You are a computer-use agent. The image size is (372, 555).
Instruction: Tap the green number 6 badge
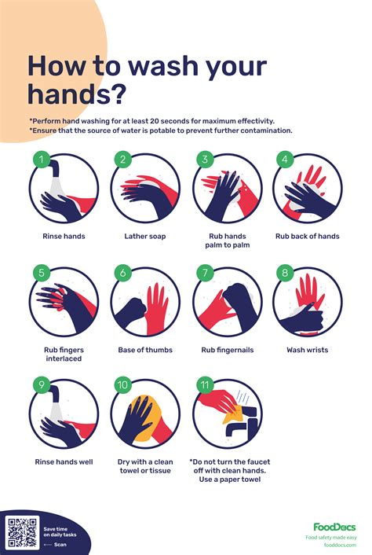point(122,273)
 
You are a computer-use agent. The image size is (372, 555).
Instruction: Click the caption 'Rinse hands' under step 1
point(64,235)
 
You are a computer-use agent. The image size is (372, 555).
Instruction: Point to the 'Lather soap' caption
point(145,235)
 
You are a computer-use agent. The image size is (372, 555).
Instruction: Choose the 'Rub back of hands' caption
point(307,235)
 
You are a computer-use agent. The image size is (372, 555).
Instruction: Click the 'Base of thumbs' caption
point(145,349)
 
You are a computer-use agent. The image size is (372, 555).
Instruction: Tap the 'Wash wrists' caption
point(307,349)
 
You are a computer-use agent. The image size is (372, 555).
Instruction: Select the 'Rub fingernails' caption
point(226,349)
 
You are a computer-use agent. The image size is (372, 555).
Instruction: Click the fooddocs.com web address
point(338,544)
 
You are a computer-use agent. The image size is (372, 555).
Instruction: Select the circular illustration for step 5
point(64,303)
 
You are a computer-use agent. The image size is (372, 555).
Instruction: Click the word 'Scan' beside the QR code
point(60,543)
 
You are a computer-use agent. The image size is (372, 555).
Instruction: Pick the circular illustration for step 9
point(64,415)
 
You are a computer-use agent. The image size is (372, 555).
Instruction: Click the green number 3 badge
point(202,160)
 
